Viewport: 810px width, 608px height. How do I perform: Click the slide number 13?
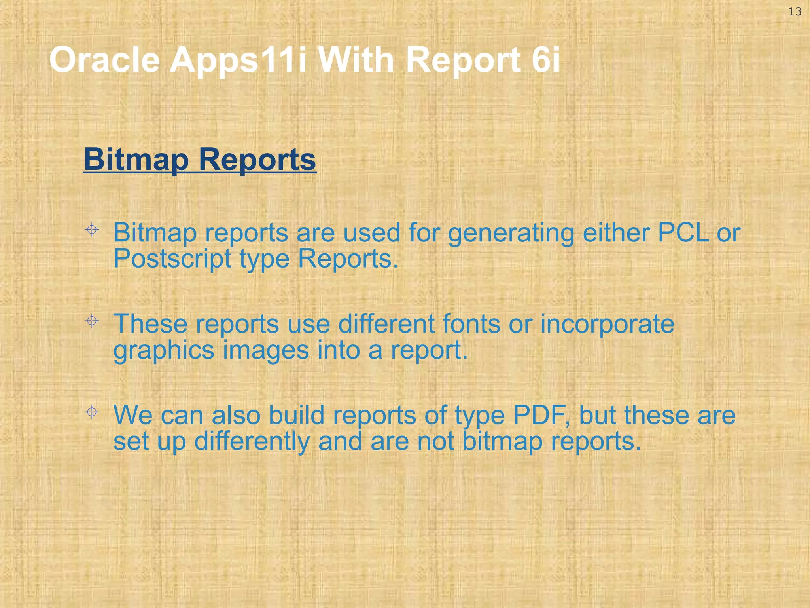pyautogui.click(x=795, y=12)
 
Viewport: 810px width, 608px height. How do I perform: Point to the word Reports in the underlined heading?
pyautogui.click(x=257, y=159)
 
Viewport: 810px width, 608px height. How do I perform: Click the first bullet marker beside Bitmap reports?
pyautogui.click(x=92, y=230)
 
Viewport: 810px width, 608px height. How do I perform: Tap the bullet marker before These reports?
pyautogui.click(x=92, y=321)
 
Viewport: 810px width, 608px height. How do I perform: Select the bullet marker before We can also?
pyautogui.click(x=92, y=412)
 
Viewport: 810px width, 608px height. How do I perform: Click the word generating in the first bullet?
pyautogui.click(x=511, y=234)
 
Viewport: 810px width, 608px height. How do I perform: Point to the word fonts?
pyautogui.click(x=471, y=324)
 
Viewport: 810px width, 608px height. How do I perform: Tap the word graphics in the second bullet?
pyautogui.click(x=164, y=351)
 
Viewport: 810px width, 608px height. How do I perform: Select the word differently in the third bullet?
pyautogui.click(x=252, y=441)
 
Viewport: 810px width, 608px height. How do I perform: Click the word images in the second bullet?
pyautogui.click(x=266, y=351)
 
